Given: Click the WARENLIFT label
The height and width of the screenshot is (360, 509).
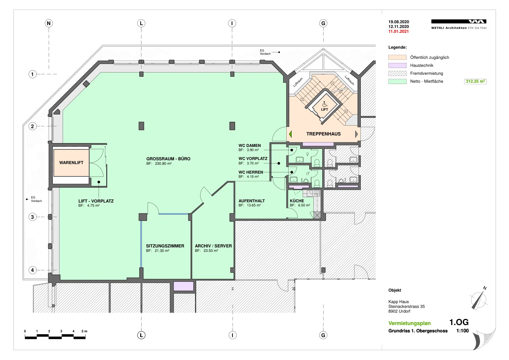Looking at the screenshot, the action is click(x=71, y=163).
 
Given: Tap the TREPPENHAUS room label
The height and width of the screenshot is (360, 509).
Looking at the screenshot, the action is click(x=323, y=134).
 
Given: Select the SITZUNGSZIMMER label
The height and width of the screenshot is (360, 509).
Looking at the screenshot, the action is click(x=165, y=246).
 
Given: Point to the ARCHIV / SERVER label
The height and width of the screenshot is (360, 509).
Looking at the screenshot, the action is click(x=213, y=246).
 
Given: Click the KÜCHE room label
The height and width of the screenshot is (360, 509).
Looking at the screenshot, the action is click(x=297, y=201).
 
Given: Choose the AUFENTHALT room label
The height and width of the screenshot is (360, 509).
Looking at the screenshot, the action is click(x=252, y=201).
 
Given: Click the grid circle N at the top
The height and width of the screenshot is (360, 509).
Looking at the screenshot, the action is click(x=49, y=23).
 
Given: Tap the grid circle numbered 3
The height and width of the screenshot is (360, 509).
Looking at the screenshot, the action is click(x=32, y=217).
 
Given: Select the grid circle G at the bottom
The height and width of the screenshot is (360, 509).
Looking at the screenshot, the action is click(x=323, y=335).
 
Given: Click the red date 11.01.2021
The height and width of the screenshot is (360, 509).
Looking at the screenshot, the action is click(x=399, y=31).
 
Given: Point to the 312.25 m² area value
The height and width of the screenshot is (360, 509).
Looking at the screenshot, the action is click(x=475, y=81).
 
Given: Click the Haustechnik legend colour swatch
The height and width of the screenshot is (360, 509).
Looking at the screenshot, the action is click(x=397, y=66).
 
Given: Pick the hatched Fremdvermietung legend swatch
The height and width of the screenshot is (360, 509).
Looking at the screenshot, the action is click(x=397, y=73).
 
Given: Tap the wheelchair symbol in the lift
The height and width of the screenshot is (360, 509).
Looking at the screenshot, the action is click(x=324, y=104).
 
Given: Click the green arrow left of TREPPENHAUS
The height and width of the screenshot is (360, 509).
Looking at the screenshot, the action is click(x=290, y=134).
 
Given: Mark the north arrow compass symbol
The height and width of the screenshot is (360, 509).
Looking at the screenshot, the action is click(x=479, y=299).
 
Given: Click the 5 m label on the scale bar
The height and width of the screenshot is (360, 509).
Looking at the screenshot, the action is click(x=84, y=331).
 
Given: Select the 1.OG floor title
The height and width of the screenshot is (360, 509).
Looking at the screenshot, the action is click(x=459, y=322).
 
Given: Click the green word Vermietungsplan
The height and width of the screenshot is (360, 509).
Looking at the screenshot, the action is click(x=409, y=323).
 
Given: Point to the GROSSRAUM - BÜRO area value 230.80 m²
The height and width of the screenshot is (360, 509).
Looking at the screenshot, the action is click(x=163, y=163).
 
